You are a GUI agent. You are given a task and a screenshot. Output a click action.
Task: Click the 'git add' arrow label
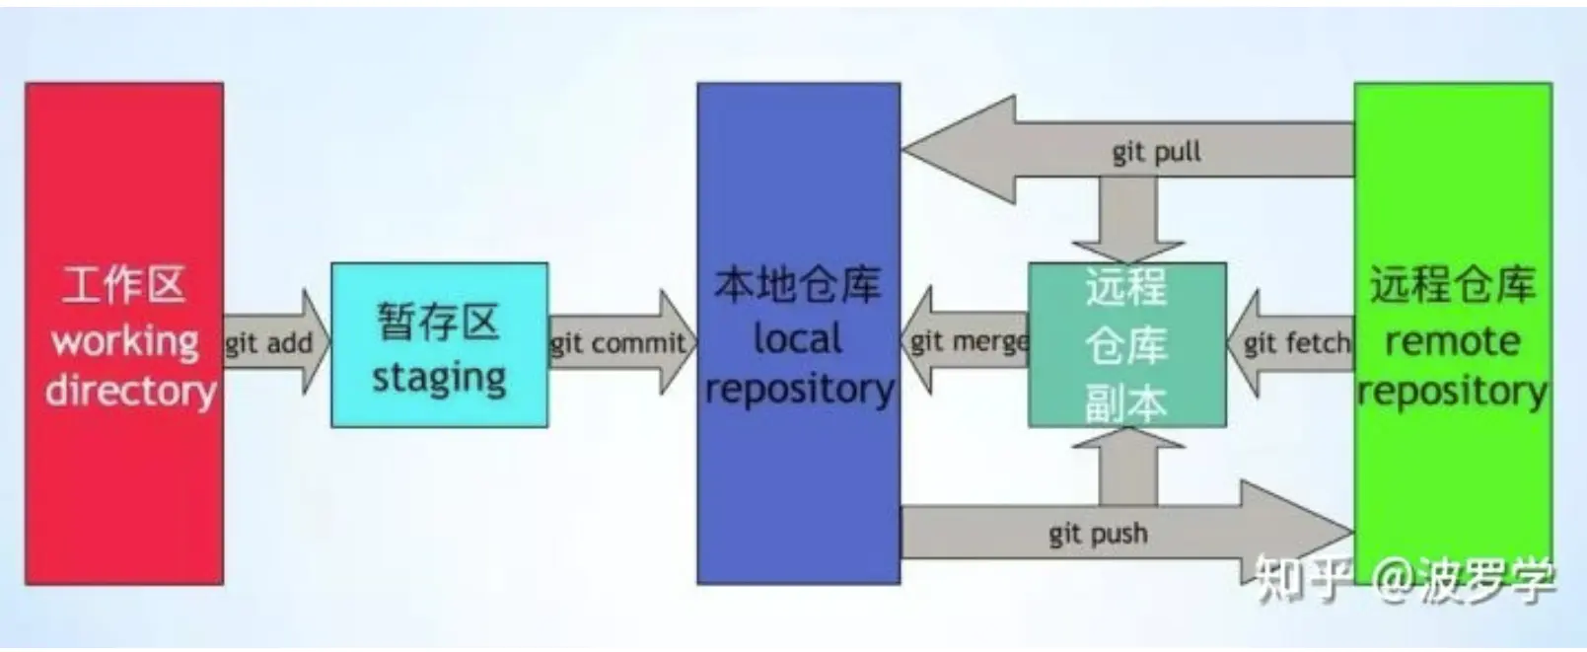point(268,343)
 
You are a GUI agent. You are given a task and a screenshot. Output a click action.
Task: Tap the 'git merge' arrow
point(967,342)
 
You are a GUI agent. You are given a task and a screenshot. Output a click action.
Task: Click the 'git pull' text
point(1156,152)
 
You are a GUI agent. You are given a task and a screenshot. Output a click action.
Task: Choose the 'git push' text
point(1098,534)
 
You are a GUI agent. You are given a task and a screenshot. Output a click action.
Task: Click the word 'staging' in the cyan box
point(439,378)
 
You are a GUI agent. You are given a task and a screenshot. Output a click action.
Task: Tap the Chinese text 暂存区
point(439,322)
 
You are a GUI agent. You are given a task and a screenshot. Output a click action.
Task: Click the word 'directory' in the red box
point(130,391)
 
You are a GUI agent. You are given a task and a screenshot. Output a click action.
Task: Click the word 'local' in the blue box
point(797,338)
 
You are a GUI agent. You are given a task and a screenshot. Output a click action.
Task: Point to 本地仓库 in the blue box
point(797,285)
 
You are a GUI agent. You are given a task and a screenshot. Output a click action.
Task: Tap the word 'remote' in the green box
point(1452,341)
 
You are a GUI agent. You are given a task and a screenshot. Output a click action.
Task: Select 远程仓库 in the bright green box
point(1452,285)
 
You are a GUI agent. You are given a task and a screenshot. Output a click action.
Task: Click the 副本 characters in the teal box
point(1126,401)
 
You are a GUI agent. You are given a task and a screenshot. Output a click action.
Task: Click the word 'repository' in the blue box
point(799,389)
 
